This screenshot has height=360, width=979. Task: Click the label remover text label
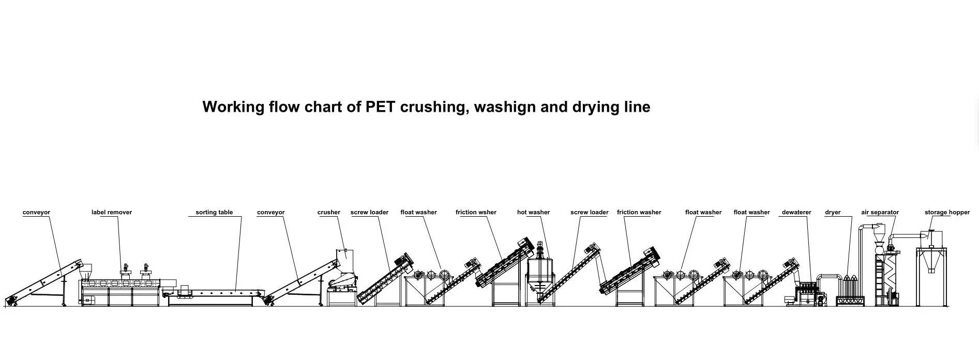click(x=112, y=212)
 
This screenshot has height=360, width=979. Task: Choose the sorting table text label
click(x=214, y=212)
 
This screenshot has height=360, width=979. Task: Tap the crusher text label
click(x=329, y=212)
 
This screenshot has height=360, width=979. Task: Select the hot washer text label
click(x=533, y=212)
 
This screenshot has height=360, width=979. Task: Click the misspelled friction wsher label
click(x=476, y=212)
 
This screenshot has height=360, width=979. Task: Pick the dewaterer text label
click(x=796, y=212)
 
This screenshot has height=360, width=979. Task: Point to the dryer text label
click(x=833, y=212)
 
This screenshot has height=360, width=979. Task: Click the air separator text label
click(x=880, y=212)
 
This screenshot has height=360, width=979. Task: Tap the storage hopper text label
click(x=947, y=212)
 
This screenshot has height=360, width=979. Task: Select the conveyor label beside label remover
click(x=36, y=212)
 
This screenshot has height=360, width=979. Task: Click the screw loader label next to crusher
click(x=369, y=212)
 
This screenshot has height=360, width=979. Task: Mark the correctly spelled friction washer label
click(x=639, y=212)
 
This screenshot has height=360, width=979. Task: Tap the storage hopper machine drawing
click(x=931, y=269)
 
